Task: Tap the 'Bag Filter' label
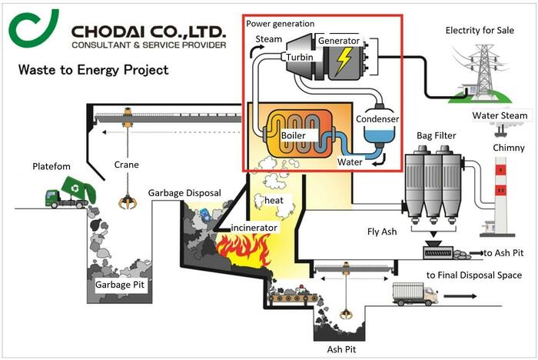point(436,136)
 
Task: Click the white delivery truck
point(414,293)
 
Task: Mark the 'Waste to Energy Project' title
point(93,71)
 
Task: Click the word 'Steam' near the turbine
point(268,39)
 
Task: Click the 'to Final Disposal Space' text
point(474,275)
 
